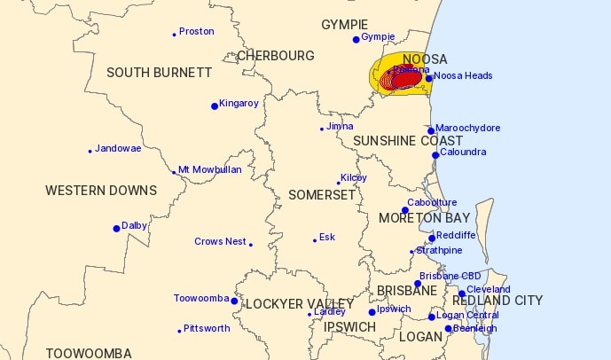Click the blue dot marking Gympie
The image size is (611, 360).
(x=356, y=39)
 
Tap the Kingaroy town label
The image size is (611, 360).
(x=239, y=104)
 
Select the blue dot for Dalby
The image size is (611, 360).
(x=116, y=228)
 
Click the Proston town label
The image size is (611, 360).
(x=197, y=32)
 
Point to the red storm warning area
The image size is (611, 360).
(x=403, y=81)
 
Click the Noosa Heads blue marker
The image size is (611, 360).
(x=429, y=78)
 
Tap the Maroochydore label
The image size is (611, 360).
(x=469, y=128)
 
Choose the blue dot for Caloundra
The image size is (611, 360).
(x=435, y=155)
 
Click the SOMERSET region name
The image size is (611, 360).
(x=321, y=195)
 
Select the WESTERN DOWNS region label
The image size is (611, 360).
(x=101, y=191)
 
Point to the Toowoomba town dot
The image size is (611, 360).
(x=234, y=301)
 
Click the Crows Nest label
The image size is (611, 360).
(x=220, y=242)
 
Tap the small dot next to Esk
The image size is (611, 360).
(x=315, y=239)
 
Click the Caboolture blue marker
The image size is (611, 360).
(x=405, y=210)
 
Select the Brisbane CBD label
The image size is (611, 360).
(x=450, y=277)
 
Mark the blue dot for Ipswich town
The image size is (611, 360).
(x=372, y=312)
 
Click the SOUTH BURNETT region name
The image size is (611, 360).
(x=159, y=73)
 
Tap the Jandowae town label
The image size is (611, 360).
(x=118, y=148)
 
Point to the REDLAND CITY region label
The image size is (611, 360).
(x=498, y=301)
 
